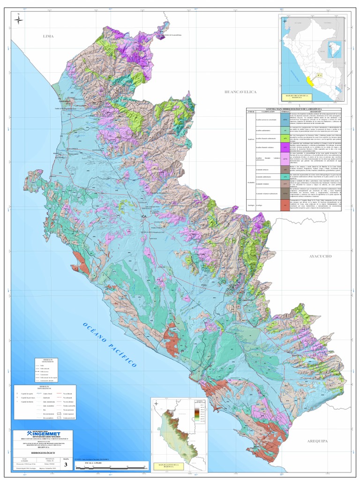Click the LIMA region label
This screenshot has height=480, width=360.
49,36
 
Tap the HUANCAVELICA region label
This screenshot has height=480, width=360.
241,92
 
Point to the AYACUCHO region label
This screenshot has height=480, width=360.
320,257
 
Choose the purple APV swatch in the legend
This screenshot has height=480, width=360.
285,148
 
